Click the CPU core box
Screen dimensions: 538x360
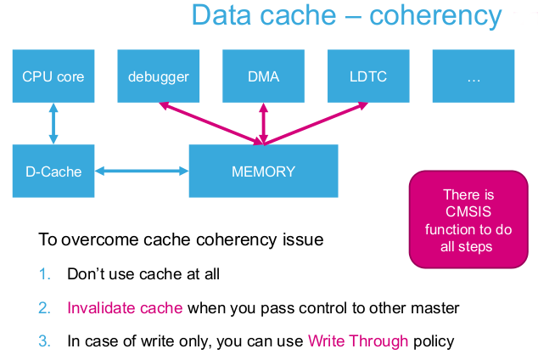(53, 76)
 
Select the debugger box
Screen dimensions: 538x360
(158, 76)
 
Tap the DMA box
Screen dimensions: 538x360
(263, 76)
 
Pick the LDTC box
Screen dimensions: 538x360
(368, 76)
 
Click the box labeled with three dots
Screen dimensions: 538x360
(474, 76)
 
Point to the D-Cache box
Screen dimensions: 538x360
(53, 171)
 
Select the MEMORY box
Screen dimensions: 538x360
(264, 171)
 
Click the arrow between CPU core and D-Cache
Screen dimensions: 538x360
(53, 124)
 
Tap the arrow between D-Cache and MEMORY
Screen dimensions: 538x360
(142, 171)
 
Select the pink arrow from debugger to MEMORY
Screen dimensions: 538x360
(211, 124)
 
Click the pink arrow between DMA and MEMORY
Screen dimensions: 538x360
(263, 124)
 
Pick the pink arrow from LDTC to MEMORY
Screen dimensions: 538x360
(316, 124)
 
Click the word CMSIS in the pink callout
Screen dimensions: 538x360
(468, 211)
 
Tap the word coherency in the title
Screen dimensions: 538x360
(435, 16)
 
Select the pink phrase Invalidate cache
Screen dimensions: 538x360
(125, 308)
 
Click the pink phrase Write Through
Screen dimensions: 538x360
(358, 341)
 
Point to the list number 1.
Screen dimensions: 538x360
(45, 274)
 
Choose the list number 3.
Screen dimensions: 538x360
(45, 341)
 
